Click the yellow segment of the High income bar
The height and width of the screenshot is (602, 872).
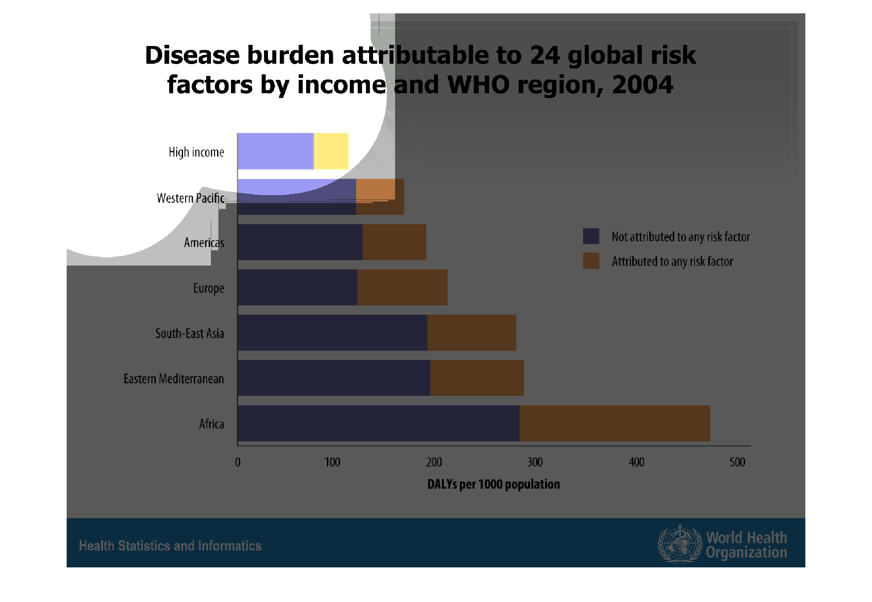(331, 151)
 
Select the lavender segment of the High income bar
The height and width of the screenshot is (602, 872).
(275, 151)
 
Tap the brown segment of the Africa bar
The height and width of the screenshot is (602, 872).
(615, 423)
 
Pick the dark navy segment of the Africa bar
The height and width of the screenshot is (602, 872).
(378, 423)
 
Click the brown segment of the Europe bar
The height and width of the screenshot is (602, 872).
(402, 287)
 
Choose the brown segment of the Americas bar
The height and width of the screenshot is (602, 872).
(394, 242)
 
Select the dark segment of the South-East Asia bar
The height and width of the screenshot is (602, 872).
(333, 332)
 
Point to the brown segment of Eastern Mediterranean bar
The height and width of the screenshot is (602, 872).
(477, 378)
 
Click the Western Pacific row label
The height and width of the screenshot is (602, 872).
(190, 198)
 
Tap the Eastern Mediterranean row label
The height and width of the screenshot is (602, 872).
(174, 379)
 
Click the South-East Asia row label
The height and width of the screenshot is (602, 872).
(189, 333)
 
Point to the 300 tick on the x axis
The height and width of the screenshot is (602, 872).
(535, 462)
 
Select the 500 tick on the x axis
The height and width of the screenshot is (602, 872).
(737, 462)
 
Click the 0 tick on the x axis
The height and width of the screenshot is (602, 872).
(238, 462)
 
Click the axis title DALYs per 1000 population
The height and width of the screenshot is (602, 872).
(493, 484)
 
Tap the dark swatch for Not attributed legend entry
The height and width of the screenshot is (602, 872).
(591, 236)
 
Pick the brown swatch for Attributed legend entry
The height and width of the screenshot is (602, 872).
(591, 261)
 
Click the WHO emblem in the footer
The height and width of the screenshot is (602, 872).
(680, 544)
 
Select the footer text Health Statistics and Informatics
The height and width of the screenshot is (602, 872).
(170, 546)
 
